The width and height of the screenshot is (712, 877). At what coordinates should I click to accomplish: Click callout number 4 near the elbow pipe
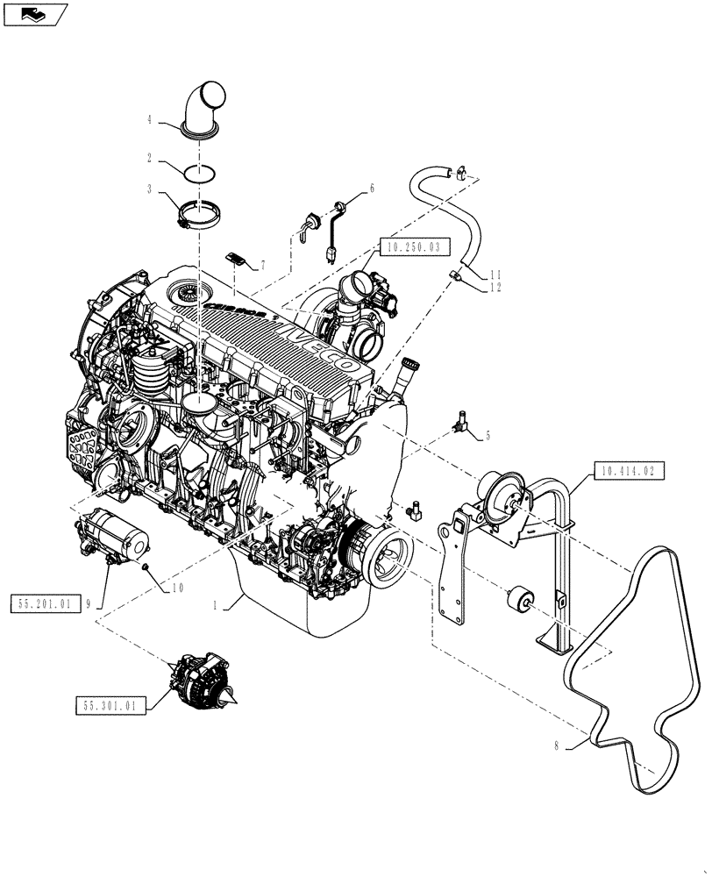tap(150, 119)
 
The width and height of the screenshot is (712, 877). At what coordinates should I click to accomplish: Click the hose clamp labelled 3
tap(197, 215)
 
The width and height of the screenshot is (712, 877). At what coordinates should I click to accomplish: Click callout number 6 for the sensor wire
tap(371, 188)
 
